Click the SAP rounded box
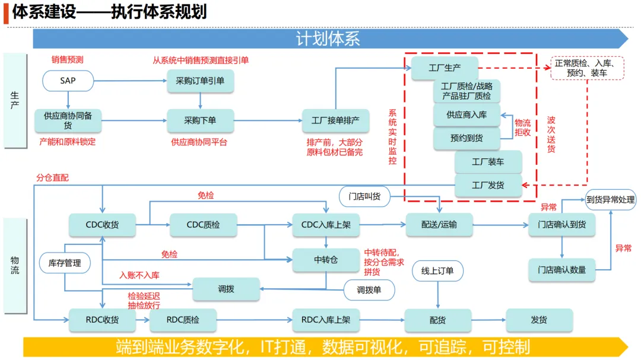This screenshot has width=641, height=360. pyautogui.click(x=68, y=81)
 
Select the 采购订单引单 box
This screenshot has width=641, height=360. pyautogui.click(x=200, y=81)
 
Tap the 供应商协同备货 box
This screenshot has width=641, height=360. pyautogui.click(x=68, y=120)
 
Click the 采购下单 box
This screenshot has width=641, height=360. pyautogui.click(x=200, y=120)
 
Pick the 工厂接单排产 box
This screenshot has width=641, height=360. pyautogui.click(x=335, y=120)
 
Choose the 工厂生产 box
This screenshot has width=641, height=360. pyautogui.click(x=445, y=68)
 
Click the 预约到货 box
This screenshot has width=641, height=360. pyautogui.click(x=467, y=138)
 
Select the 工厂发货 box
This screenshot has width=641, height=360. pyautogui.click(x=488, y=185)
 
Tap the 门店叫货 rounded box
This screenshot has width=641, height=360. pyautogui.click(x=364, y=196)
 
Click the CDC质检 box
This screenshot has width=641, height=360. pyautogui.click(x=203, y=225)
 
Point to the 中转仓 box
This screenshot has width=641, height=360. pyautogui.click(x=326, y=260)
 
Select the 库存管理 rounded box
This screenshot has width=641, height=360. pyautogui.click(x=65, y=263)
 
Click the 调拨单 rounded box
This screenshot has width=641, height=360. pyautogui.click(x=369, y=290)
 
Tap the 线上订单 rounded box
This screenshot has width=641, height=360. pyautogui.click(x=437, y=271)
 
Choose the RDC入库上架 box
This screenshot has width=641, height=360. pyautogui.click(x=326, y=320)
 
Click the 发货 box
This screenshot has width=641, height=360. pyautogui.click(x=539, y=320)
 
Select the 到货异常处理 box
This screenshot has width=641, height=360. pyautogui.click(x=610, y=199)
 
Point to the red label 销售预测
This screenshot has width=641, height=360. pyautogui.click(x=67, y=59)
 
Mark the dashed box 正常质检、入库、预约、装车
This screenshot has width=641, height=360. pyautogui.click(x=587, y=68)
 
